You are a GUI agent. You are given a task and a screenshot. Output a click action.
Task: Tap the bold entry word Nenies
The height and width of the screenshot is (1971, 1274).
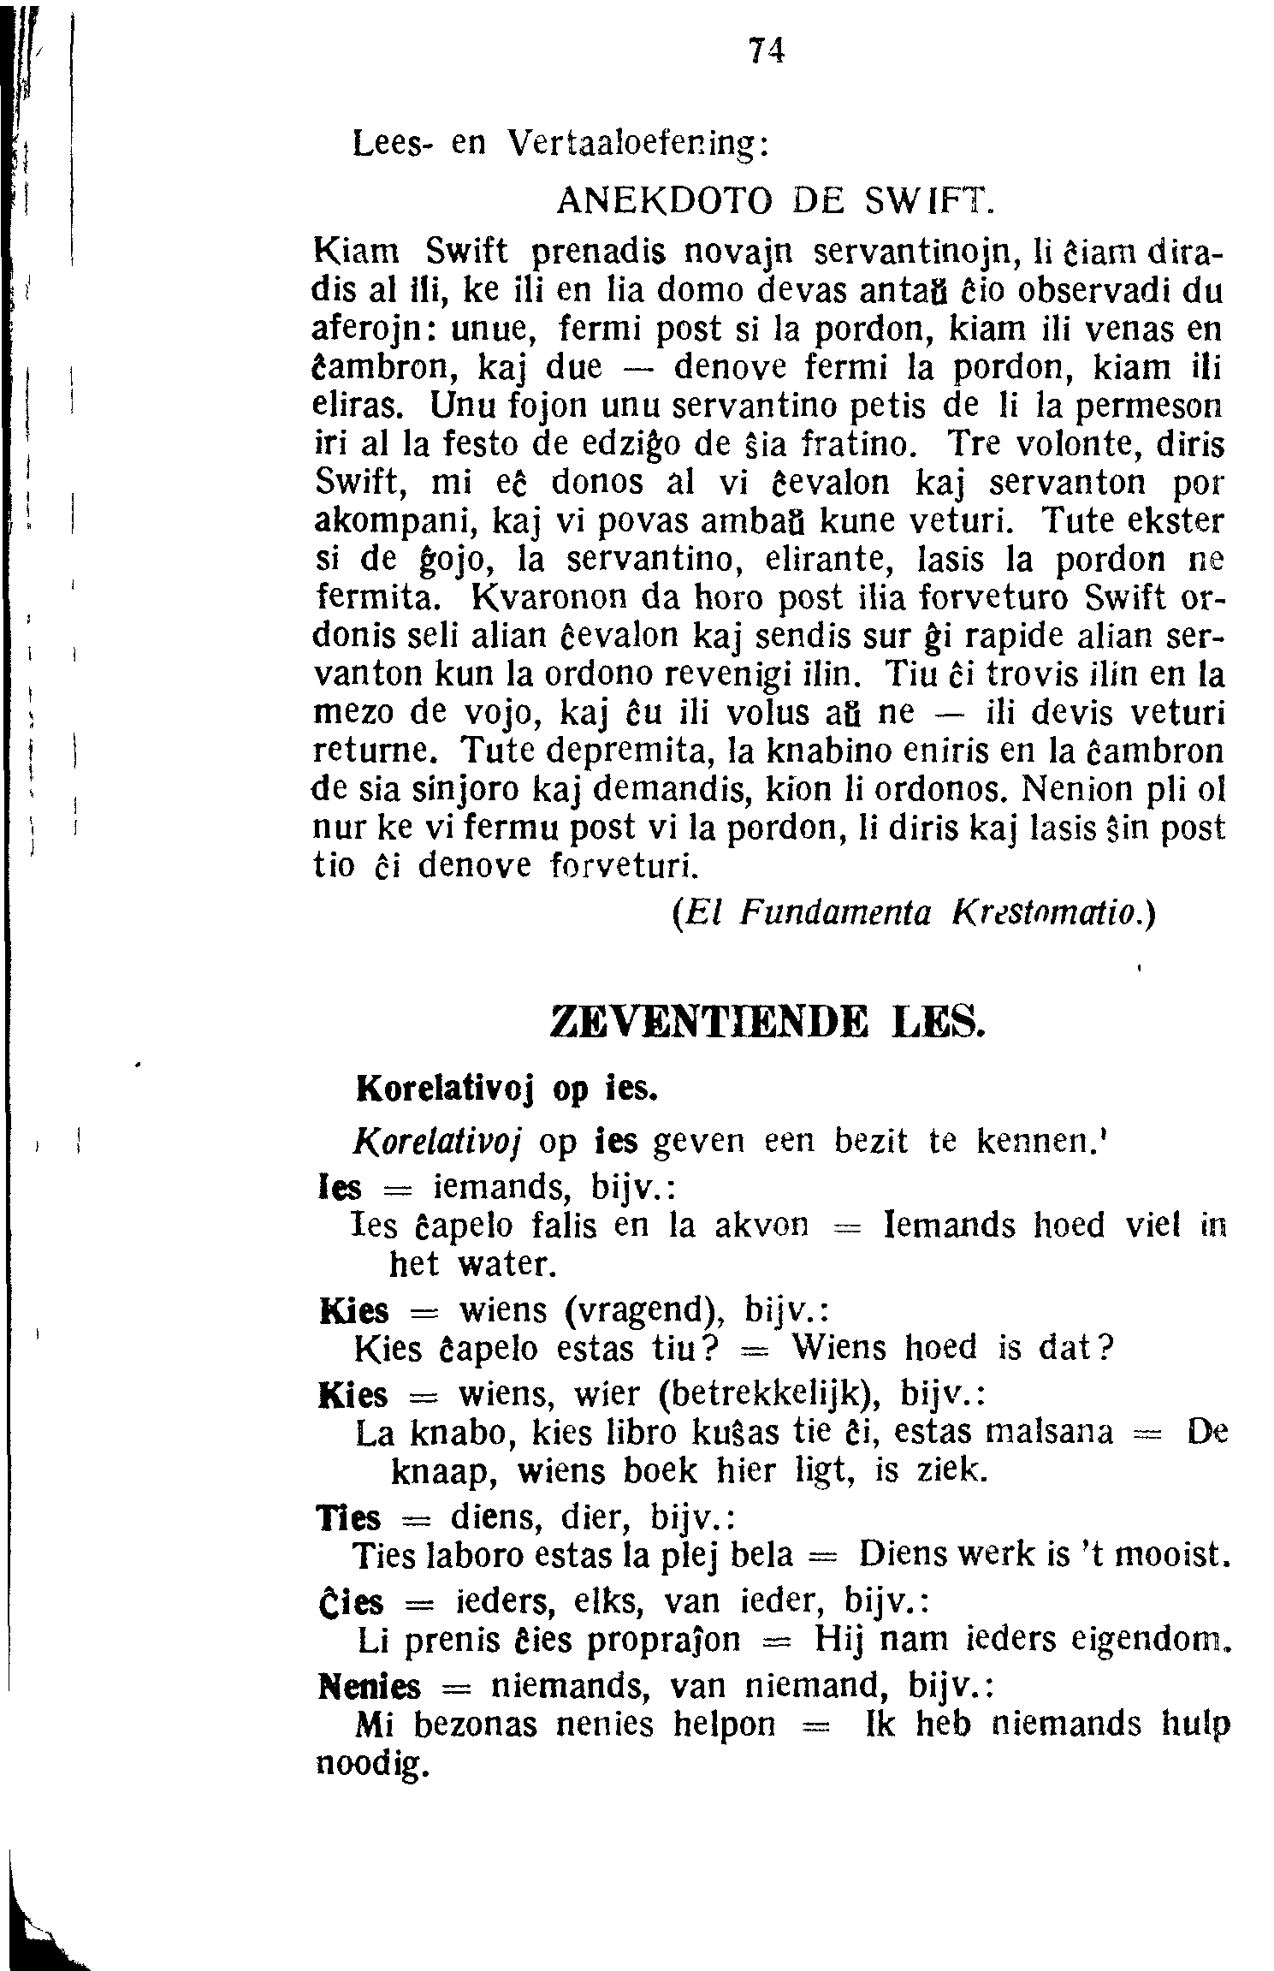370,1688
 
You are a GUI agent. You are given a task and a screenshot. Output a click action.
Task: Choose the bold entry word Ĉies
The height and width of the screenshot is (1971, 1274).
350,1601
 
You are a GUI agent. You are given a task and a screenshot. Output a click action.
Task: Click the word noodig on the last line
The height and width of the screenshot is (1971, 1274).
371,1763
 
